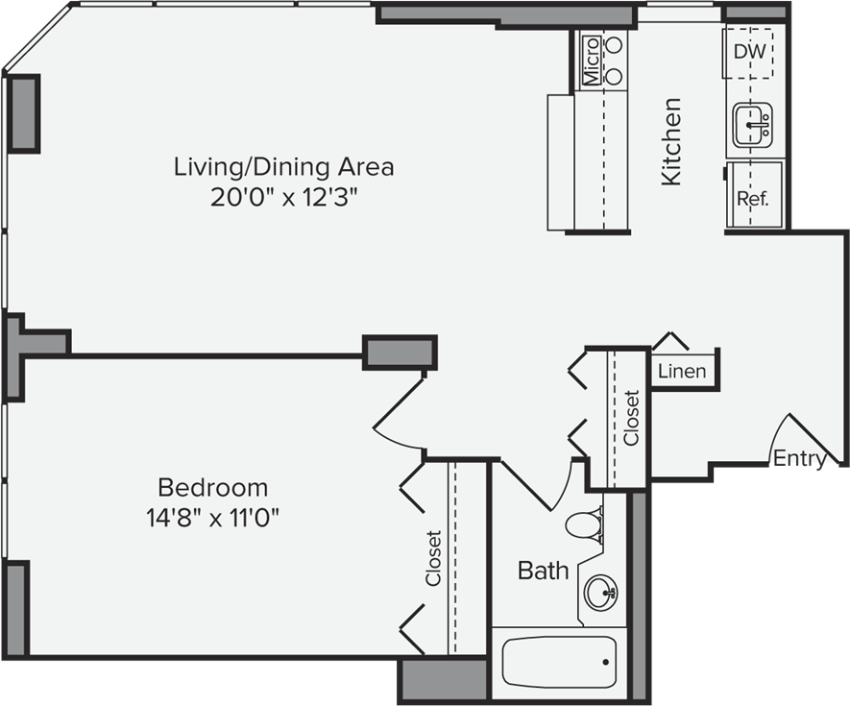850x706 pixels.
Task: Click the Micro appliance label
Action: pos(592,61)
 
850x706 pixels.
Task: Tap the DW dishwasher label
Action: pos(750,52)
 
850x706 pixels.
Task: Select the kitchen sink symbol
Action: pos(752,125)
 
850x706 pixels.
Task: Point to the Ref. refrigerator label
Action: pos(753,199)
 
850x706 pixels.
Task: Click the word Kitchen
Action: pos(670,141)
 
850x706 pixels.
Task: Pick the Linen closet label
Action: pos(682,372)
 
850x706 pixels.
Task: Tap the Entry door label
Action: pos(800,459)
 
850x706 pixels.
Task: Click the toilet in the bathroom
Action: pos(584,524)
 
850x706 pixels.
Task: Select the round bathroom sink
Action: pos(600,592)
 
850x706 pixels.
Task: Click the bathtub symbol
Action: pos(559,662)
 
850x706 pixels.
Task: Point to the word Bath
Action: pos(544,571)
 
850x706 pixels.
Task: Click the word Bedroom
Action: pos(212,488)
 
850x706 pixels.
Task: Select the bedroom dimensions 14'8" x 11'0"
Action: pos(212,518)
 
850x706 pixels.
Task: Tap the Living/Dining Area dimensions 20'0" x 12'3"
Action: pos(284,197)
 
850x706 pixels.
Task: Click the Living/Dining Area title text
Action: pos(283,166)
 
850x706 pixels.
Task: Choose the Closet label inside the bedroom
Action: pos(434,558)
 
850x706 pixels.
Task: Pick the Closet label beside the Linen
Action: pos(632,418)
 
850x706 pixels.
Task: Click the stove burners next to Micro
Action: pos(614,61)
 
